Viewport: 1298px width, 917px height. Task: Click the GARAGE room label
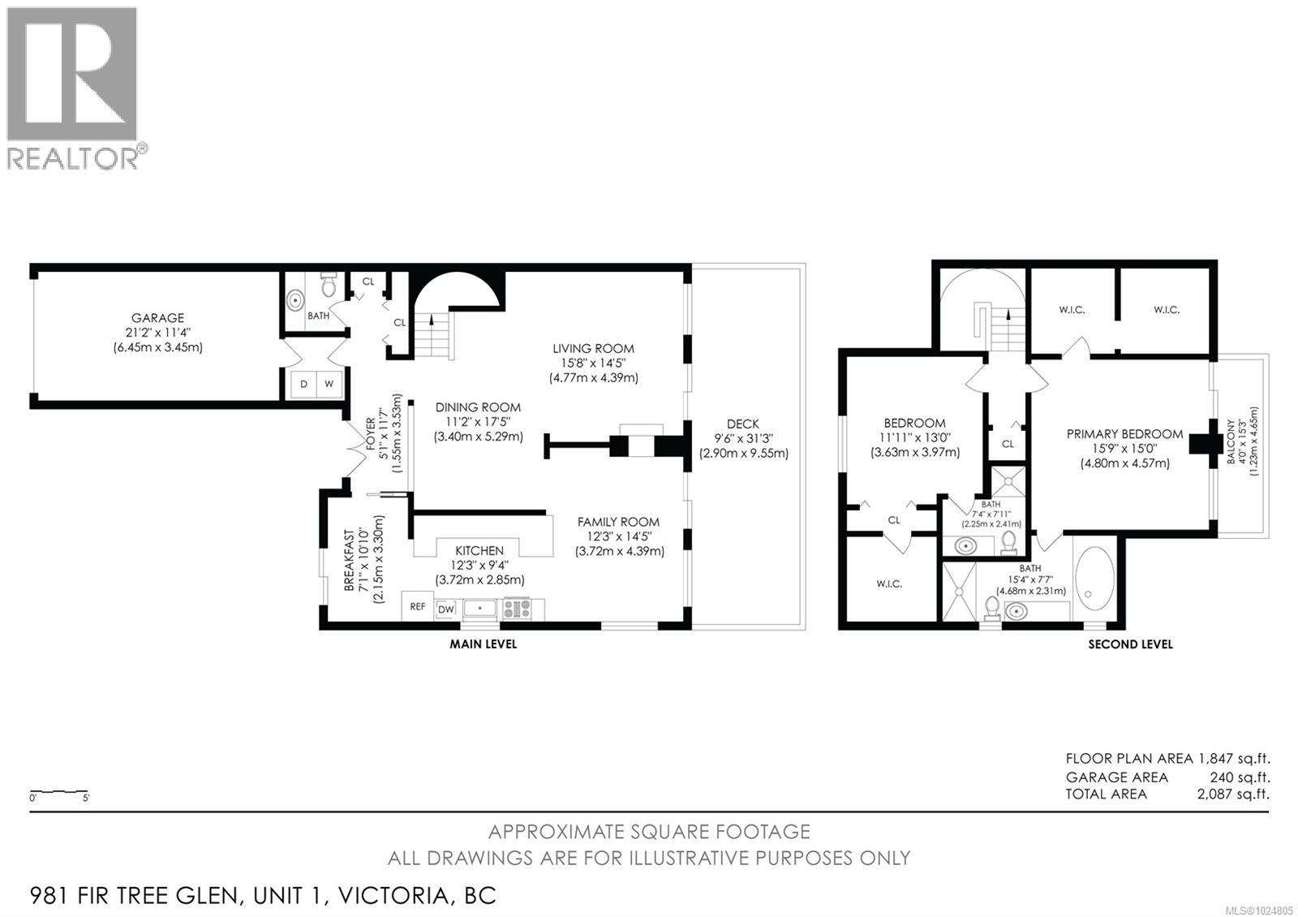tap(158, 318)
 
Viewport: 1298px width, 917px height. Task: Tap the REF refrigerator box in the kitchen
tap(417, 606)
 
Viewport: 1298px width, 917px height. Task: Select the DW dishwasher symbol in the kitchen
tap(446, 609)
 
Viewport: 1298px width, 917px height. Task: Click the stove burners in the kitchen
tap(516, 608)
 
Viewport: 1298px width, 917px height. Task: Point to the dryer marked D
tap(303, 384)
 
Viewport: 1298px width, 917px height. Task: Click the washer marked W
tap(329, 384)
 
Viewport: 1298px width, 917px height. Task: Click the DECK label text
tap(743, 424)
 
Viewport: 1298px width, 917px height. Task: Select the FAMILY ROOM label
tap(618, 522)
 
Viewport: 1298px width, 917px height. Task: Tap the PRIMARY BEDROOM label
tap(1124, 434)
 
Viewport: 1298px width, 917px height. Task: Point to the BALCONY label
tap(1231, 442)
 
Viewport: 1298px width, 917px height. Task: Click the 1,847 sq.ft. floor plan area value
tap(1233, 759)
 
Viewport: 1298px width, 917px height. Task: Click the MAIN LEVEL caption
tap(484, 644)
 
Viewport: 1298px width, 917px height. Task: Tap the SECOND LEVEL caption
tap(1130, 644)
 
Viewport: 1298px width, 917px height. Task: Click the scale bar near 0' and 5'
tap(58, 791)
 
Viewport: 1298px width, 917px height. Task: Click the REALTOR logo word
tap(73, 158)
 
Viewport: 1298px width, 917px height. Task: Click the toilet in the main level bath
tap(329, 286)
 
